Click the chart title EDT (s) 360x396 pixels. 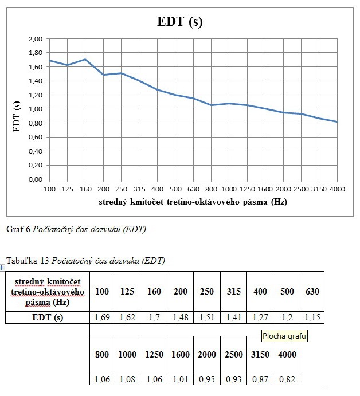180,22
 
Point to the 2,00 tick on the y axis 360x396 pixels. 36,39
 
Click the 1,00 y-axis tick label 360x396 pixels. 36,109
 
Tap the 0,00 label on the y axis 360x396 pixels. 36,179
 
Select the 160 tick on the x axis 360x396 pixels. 85,189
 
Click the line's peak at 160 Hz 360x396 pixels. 85,60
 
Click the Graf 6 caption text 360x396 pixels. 76,229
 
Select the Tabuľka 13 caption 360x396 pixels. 85,261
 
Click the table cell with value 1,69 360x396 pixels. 101,317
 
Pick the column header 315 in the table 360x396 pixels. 234,291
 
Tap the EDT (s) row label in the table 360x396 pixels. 47,317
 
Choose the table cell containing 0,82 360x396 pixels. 287,379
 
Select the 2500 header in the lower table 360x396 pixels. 234,354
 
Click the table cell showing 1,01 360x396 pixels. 181,379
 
